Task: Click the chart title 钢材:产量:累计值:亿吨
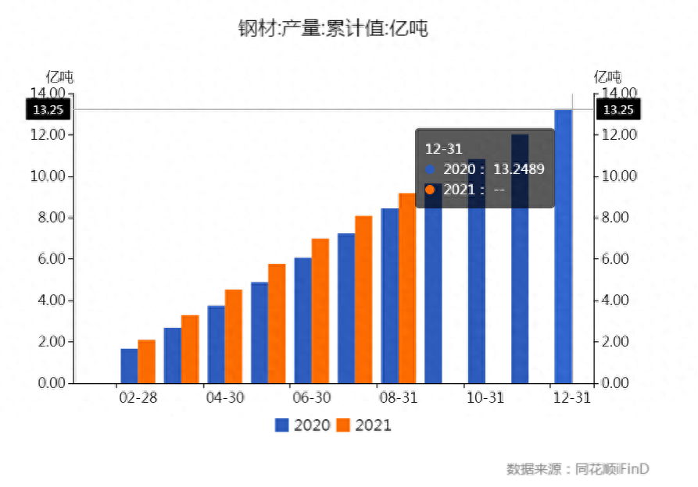(x=333, y=29)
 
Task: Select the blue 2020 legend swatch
(x=282, y=425)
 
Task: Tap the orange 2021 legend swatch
(x=344, y=425)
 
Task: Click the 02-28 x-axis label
(x=138, y=397)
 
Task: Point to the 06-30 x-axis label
(x=311, y=397)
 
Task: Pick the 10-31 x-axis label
(x=485, y=397)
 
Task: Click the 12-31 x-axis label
(x=571, y=397)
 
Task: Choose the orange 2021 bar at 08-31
(x=406, y=289)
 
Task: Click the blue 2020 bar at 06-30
(x=302, y=320)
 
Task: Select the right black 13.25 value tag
(x=618, y=109)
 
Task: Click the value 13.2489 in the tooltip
(x=518, y=169)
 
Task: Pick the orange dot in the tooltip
(x=429, y=189)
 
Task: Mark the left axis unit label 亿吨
(x=60, y=76)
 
